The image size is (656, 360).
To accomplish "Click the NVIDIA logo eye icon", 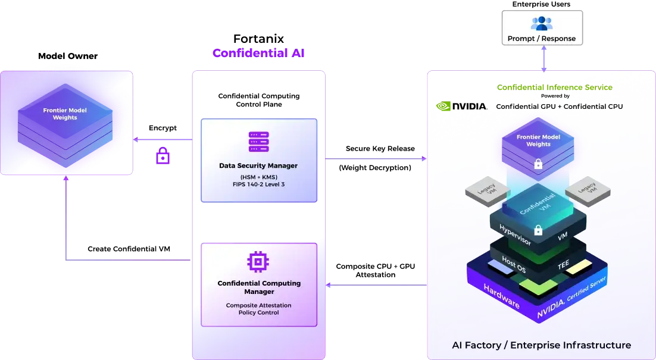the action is click(x=443, y=106).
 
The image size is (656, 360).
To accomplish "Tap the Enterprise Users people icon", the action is click(x=542, y=23).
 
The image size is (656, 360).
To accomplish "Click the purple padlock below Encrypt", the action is click(x=163, y=155).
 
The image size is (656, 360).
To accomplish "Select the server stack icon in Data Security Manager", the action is click(x=258, y=142).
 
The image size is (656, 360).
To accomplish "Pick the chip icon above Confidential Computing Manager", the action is click(x=258, y=262).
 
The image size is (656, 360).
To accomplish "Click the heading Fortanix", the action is click(x=258, y=39).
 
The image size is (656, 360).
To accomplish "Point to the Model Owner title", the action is click(x=68, y=56).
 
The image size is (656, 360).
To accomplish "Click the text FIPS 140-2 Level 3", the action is click(x=258, y=184).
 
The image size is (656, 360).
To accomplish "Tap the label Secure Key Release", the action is click(x=380, y=148).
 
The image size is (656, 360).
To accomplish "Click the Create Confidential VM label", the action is click(x=129, y=249).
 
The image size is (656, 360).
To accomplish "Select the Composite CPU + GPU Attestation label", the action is click(x=375, y=271).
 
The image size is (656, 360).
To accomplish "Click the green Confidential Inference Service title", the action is click(x=555, y=87).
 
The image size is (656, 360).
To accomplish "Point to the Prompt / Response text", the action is click(x=542, y=39).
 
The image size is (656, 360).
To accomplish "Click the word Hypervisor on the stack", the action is click(x=516, y=234).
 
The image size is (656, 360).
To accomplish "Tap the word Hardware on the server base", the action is click(x=502, y=296).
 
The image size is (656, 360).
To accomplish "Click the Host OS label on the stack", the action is click(x=513, y=264).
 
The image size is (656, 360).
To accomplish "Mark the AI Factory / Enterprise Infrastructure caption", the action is click(x=541, y=345).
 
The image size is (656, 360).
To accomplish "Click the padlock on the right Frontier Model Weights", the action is click(x=539, y=164).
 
